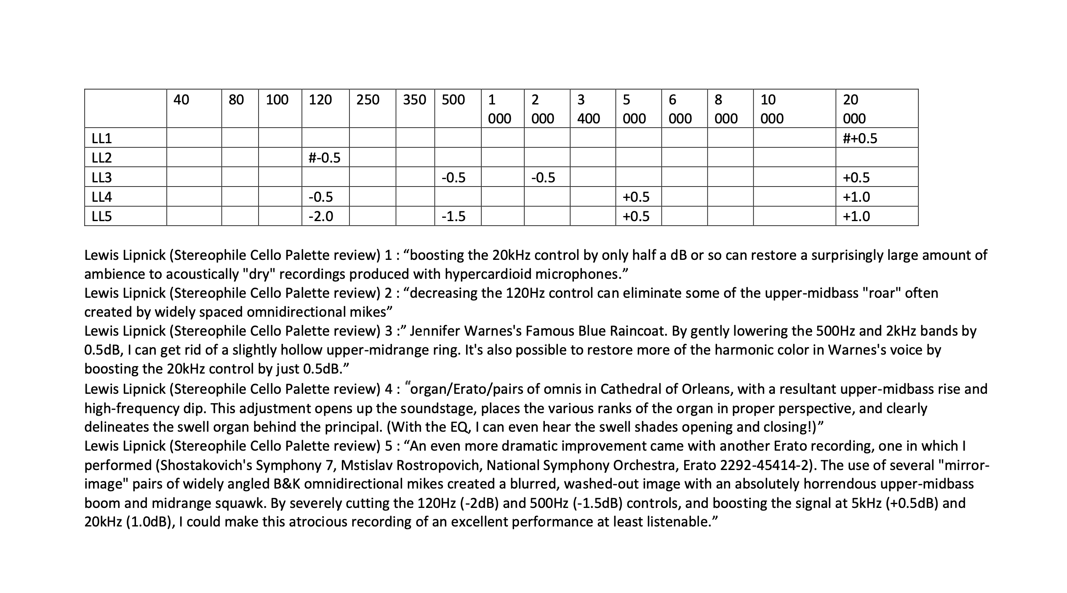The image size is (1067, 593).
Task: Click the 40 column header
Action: pos(181,100)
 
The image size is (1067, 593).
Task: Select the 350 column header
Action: pos(414,100)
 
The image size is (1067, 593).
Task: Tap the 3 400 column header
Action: pos(588,109)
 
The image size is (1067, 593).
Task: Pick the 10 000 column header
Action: pos(772,109)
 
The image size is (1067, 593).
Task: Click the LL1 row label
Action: pos(102,138)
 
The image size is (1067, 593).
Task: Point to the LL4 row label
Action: pos(102,197)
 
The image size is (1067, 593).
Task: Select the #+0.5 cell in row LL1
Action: pos(860,138)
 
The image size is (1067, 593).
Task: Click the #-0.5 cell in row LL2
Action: pos(324,158)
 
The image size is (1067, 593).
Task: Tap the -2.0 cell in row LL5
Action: pos(320,216)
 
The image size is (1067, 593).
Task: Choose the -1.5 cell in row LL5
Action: pos(453,216)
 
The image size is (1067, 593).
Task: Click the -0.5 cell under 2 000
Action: pos(543,177)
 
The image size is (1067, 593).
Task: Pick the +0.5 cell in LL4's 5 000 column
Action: pos(636,197)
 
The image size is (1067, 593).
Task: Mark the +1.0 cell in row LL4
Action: pos(856,197)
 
